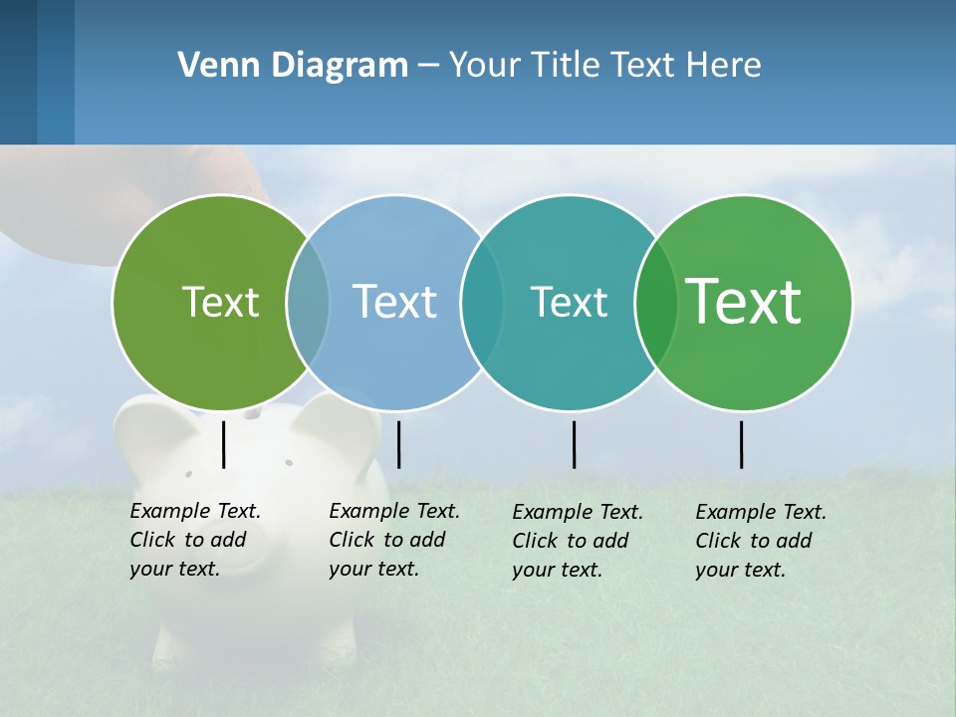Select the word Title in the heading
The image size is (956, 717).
(x=565, y=66)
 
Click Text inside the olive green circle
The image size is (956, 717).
(x=220, y=302)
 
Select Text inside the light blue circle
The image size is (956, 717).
(x=394, y=302)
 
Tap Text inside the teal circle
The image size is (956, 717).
(x=569, y=302)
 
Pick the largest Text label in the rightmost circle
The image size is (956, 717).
(x=744, y=302)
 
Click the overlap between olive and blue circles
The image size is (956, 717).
(x=308, y=303)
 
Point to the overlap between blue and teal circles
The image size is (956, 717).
(x=482, y=303)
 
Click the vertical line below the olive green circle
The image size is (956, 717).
(x=224, y=444)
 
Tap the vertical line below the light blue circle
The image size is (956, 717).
(x=398, y=444)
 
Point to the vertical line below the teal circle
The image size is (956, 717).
(x=574, y=444)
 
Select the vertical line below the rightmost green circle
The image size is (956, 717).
(x=742, y=444)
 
